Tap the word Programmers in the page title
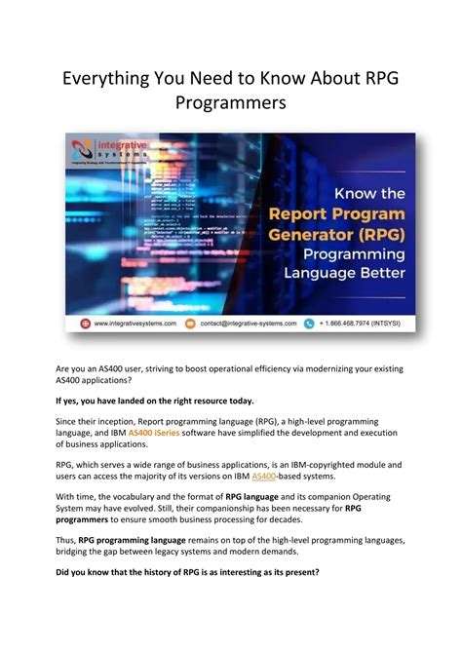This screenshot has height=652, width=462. click(x=230, y=101)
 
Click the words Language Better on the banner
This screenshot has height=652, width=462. click(x=342, y=272)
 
